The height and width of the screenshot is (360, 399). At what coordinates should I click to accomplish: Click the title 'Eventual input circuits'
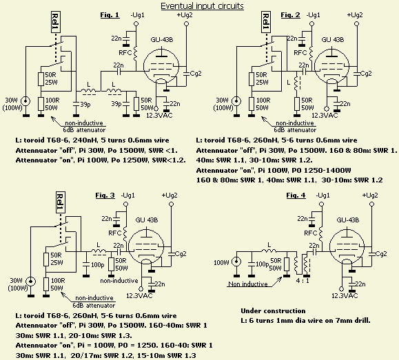coord(203,6)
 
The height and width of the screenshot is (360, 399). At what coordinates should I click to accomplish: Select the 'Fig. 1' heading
coord(110,15)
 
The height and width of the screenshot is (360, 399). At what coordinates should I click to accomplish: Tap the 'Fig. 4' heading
coord(296,195)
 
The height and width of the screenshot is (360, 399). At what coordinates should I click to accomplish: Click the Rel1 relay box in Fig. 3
coord(61,202)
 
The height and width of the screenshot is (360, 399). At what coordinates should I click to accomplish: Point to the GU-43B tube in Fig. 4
coord(347,248)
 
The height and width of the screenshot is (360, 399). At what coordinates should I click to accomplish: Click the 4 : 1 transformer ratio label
coord(303,281)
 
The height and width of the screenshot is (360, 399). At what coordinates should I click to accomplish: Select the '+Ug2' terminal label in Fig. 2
coord(355,15)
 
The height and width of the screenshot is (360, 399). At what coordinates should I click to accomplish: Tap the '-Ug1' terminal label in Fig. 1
coord(136,15)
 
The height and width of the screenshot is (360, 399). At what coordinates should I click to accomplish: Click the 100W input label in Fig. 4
coord(221,262)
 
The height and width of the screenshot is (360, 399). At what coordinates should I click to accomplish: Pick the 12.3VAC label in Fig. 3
coord(139,296)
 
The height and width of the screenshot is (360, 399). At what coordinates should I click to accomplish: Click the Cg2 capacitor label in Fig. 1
coord(196,74)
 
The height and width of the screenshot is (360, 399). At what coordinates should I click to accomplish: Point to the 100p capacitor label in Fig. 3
coord(97,264)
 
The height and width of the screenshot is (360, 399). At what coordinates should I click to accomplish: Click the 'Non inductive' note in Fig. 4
coord(248,284)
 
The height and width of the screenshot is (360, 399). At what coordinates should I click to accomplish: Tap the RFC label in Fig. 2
coord(300,52)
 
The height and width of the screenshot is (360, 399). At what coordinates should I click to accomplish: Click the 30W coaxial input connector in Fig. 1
coord(25,101)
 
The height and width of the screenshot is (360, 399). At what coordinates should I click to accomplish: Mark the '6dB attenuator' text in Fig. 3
coord(94,305)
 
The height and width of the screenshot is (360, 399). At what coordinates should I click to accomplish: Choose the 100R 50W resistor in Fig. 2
coord(252,104)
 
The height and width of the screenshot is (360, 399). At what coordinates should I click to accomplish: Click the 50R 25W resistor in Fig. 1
coord(41,79)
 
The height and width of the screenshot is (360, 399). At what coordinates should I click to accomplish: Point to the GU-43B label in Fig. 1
coord(162,40)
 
